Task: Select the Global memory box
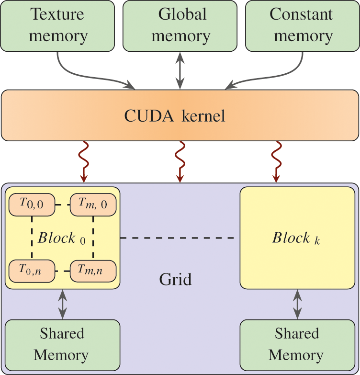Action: (x=180, y=26)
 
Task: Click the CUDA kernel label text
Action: (x=175, y=115)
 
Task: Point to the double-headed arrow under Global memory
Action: (x=180, y=70)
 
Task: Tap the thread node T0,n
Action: (x=31, y=270)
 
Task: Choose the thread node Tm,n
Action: (x=93, y=270)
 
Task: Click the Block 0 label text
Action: (x=62, y=238)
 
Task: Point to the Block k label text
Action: (x=296, y=238)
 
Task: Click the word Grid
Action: (x=175, y=279)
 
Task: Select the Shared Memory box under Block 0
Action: (x=62, y=344)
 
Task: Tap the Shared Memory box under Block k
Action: (x=296, y=344)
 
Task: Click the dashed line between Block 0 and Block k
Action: (x=180, y=238)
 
